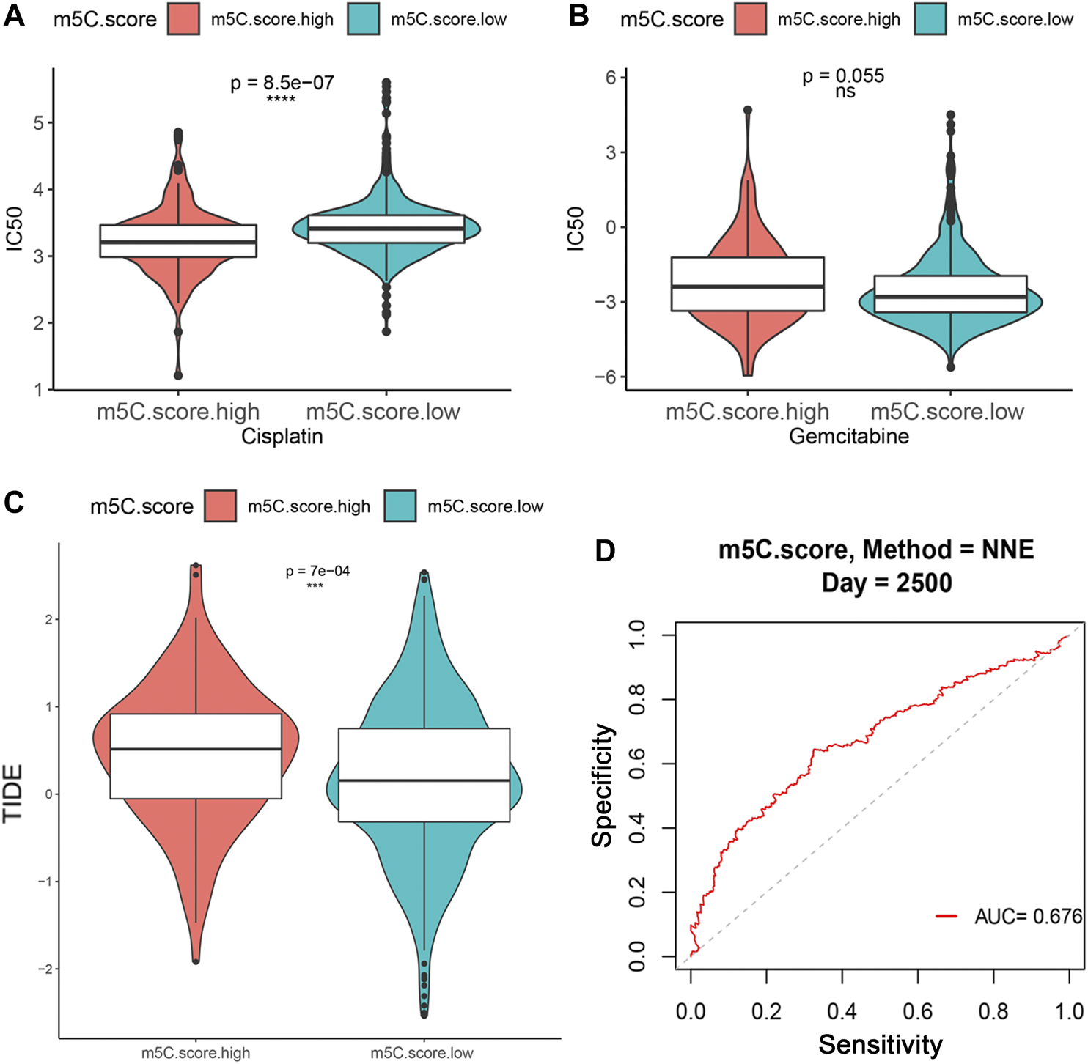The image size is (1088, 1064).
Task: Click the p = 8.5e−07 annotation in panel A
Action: (282, 83)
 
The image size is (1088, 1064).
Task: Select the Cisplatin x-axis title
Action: (282, 437)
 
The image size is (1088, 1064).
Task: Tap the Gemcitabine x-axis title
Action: (848, 437)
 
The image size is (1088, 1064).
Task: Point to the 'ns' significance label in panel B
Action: (845, 92)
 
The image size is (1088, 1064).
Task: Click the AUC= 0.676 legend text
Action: (1028, 916)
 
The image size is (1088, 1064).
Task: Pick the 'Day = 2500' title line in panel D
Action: (886, 583)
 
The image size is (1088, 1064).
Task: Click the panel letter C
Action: (14, 503)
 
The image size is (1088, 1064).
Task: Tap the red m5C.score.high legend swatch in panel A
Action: (183, 19)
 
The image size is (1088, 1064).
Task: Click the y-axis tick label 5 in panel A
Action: (38, 122)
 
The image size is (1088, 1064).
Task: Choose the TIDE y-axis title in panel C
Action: (13, 793)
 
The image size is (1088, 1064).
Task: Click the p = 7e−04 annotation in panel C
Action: (317, 571)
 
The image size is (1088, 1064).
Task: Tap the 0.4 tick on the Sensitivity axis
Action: (842, 1012)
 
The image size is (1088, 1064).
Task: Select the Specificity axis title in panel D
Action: (602, 785)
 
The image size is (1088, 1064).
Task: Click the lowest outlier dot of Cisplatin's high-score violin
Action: (178, 375)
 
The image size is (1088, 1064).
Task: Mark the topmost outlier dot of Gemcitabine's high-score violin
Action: (748, 110)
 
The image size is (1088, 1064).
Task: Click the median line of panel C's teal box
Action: (424, 780)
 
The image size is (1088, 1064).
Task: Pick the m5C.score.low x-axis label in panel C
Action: (422, 1053)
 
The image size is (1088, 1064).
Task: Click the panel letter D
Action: (605, 550)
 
